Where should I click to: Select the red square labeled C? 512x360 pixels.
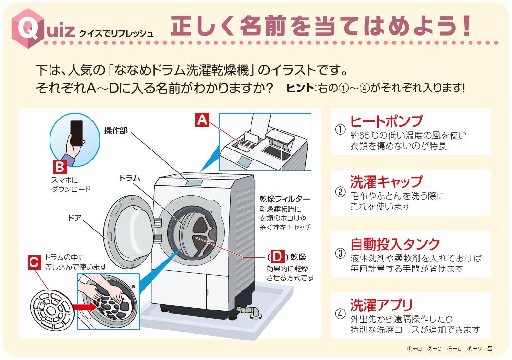click(x=34, y=261)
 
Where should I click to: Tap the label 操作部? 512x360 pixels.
click(x=116, y=130)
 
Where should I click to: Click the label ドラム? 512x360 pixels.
click(x=130, y=178)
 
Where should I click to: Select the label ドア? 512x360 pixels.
click(x=75, y=218)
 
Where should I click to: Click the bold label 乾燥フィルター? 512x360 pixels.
click(x=285, y=199)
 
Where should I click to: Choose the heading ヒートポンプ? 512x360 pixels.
click(x=386, y=121)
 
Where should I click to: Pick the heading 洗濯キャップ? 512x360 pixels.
click(x=386, y=181)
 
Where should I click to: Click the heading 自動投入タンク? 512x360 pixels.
click(x=395, y=244)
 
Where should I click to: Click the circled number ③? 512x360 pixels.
click(x=340, y=253)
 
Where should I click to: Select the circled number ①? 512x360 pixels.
click(x=340, y=130)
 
